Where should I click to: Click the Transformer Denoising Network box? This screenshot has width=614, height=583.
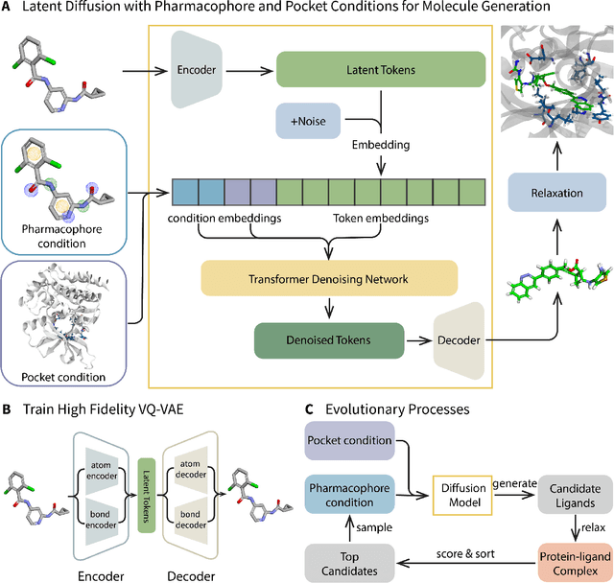[329, 278]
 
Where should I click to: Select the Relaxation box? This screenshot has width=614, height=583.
[556, 193]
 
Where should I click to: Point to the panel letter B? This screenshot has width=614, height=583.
[8, 408]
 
